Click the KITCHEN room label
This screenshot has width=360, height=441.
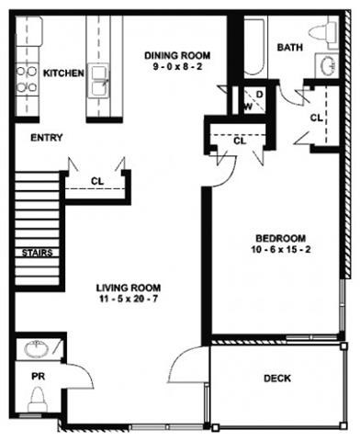[x=64, y=73]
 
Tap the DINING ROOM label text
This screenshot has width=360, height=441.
[x=177, y=55]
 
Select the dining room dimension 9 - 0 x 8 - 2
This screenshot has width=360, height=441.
[x=177, y=67]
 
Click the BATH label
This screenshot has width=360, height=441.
[x=290, y=48]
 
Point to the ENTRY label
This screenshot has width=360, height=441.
[x=46, y=138]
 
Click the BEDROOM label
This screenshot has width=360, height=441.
[x=276, y=235]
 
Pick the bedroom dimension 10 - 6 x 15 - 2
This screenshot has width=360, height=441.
[x=276, y=248]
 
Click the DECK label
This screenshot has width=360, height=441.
[x=276, y=378]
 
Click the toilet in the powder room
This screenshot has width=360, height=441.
[x=39, y=399]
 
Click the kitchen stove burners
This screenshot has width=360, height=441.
[x=28, y=79]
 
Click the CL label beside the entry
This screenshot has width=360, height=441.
[x=96, y=180]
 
